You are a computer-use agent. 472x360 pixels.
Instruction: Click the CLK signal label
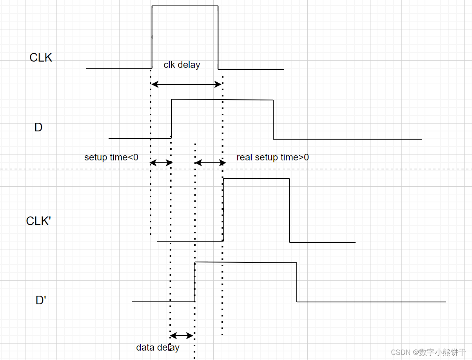pyautogui.click(x=41, y=58)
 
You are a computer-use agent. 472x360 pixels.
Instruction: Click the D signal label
pyautogui.click(x=38, y=127)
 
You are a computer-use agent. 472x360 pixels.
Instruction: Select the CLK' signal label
pyautogui.click(x=39, y=221)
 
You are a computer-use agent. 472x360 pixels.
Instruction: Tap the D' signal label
pyautogui.click(x=41, y=300)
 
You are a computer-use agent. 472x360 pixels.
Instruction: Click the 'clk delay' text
pyautogui.click(x=182, y=65)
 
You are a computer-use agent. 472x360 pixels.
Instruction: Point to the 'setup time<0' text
pyautogui.click(x=111, y=157)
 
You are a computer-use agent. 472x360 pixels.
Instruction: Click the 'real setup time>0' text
pyautogui.click(x=272, y=157)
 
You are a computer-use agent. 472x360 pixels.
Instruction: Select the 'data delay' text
pyautogui.click(x=158, y=347)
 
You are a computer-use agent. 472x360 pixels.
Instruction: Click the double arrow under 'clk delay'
pyautogui.click(x=187, y=84)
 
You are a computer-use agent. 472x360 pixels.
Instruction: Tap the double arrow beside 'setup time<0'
pyautogui.click(x=161, y=162)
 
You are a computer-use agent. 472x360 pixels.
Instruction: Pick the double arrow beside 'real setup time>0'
pyautogui.click(x=210, y=162)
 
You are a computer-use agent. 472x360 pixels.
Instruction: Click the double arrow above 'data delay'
pyautogui.click(x=182, y=335)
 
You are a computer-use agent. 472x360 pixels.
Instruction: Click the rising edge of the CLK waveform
pyautogui.click(x=152, y=37)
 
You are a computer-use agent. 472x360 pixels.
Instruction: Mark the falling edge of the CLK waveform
pyautogui.click(x=218, y=37)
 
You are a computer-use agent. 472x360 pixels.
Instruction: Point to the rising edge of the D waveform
pyautogui.click(x=171, y=119)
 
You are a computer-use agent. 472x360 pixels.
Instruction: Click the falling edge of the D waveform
pyautogui.click(x=273, y=120)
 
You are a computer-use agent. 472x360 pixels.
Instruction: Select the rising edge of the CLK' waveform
pyautogui.click(x=223, y=210)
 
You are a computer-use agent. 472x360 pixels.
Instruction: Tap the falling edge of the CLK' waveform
pyautogui.click(x=289, y=211)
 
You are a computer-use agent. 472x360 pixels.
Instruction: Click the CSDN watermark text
pyautogui.click(x=428, y=352)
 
